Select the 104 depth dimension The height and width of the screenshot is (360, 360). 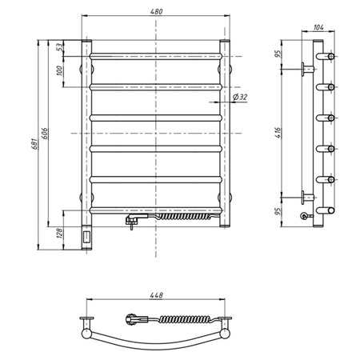tap(319, 27)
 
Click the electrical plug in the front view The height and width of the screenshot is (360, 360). tap(131, 218)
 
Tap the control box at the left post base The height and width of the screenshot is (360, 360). tap(87, 237)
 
